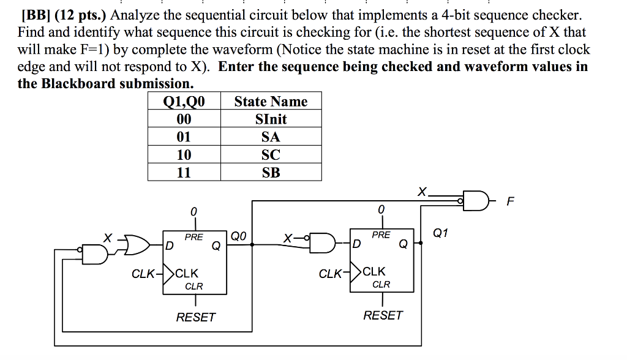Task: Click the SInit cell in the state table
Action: (271, 119)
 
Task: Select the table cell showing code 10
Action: (184, 154)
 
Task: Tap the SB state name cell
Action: (271, 173)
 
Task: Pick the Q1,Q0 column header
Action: (184, 101)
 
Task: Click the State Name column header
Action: (271, 101)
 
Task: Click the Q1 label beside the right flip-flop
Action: (440, 233)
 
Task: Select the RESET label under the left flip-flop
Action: (195, 317)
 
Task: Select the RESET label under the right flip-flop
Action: (383, 315)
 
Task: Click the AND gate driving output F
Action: (475, 200)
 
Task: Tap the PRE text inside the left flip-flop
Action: (193, 236)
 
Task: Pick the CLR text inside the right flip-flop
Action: (381, 284)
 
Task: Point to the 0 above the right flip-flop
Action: (381, 210)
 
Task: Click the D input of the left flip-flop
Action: (169, 246)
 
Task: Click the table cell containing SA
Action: (271, 137)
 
